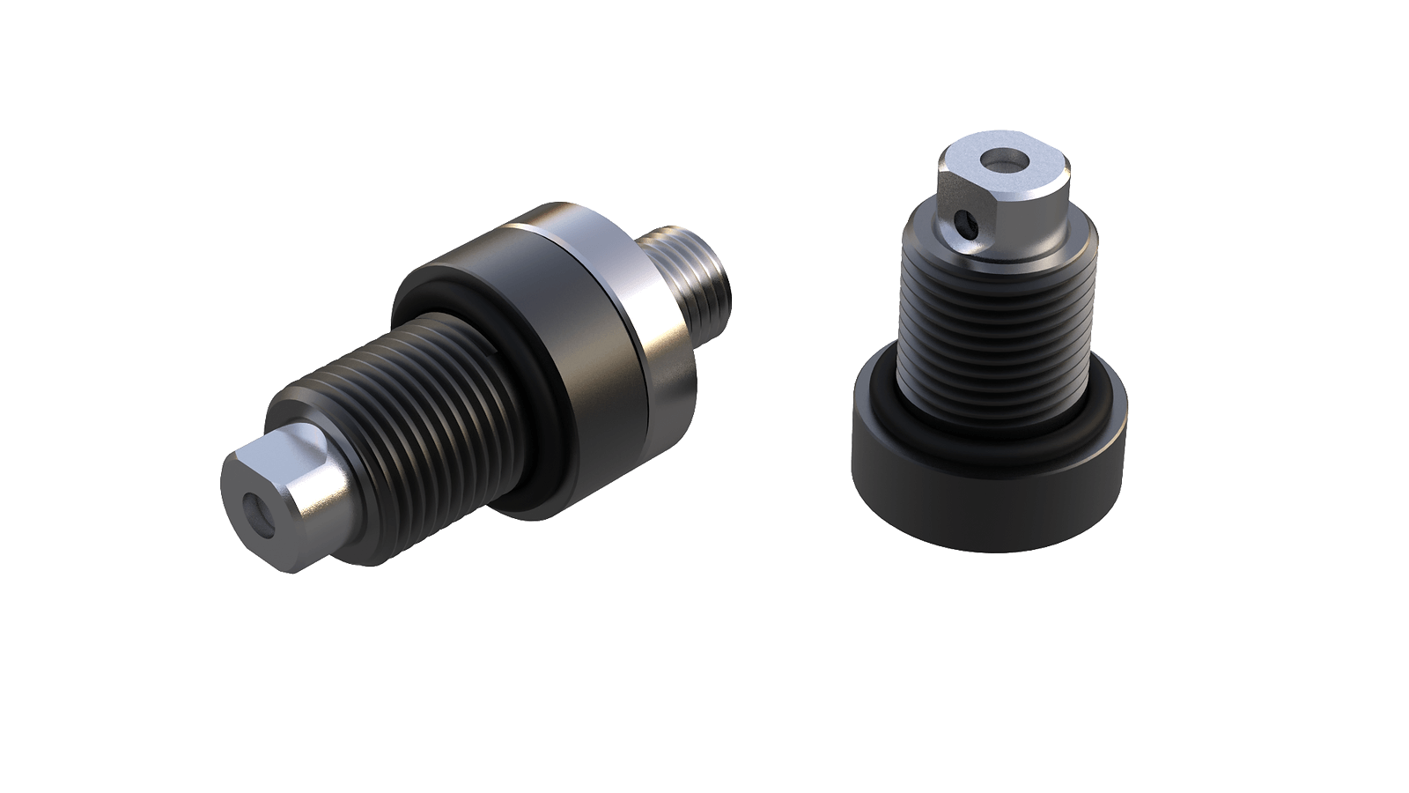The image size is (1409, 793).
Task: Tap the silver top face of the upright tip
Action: (1022, 167)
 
